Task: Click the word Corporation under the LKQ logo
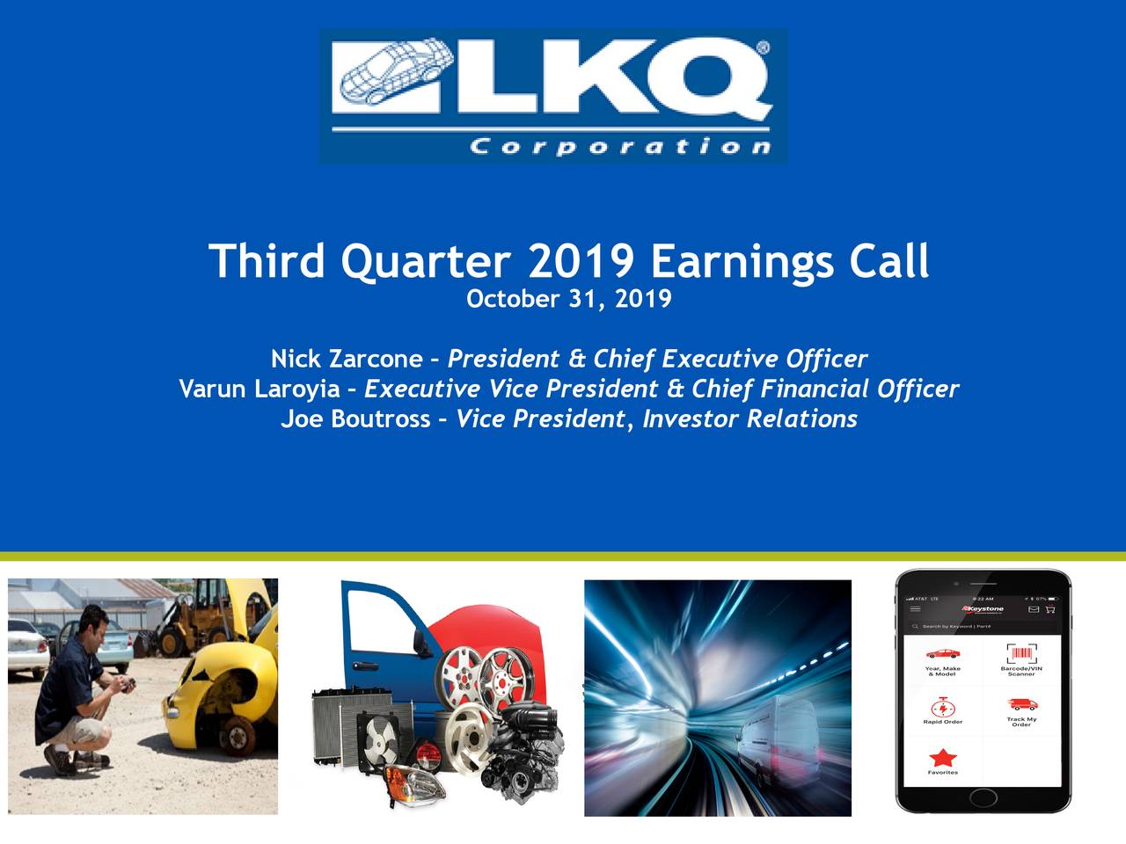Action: click(x=620, y=146)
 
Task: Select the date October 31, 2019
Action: click(x=568, y=299)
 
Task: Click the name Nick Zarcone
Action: click(x=347, y=359)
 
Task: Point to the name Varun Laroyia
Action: click(x=260, y=389)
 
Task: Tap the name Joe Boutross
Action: click(x=355, y=418)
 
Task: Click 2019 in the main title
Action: click(x=581, y=261)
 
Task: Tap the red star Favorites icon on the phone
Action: click(x=942, y=757)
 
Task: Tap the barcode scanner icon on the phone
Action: click(x=1021, y=654)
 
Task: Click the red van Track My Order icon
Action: click(x=1021, y=704)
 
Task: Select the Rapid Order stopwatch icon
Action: click(x=942, y=707)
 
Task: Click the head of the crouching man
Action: click(x=95, y=626)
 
